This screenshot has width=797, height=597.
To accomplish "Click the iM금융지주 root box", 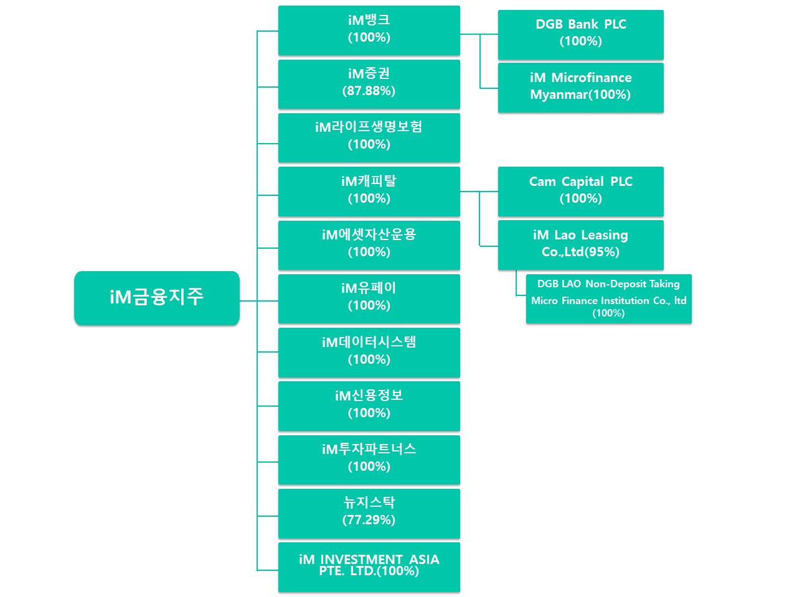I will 156,297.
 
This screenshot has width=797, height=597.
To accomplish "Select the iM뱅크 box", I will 369,30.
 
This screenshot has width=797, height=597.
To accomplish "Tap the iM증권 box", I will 369,83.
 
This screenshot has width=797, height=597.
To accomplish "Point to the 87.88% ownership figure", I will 369,91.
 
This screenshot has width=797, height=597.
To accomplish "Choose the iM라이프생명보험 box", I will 369,137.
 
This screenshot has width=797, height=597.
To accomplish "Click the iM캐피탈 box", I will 369,191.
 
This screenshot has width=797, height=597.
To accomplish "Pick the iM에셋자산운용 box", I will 369,244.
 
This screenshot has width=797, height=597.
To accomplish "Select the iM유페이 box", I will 369,298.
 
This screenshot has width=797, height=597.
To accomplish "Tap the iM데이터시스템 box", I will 369,352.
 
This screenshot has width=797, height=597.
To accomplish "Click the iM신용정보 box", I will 369,405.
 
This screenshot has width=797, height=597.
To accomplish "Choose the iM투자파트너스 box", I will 369,459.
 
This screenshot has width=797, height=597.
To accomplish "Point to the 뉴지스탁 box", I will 369,513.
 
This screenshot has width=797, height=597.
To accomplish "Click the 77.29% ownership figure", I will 369,520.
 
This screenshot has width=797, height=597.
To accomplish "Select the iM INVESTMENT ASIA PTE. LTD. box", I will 369,567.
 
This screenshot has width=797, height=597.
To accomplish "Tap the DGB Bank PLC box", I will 580,34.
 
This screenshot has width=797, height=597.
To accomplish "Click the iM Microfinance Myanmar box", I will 580,87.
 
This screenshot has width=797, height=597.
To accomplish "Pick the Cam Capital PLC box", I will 580,191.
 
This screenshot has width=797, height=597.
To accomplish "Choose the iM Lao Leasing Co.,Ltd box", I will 580,244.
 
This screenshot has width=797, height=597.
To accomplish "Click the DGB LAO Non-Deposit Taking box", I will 608,298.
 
